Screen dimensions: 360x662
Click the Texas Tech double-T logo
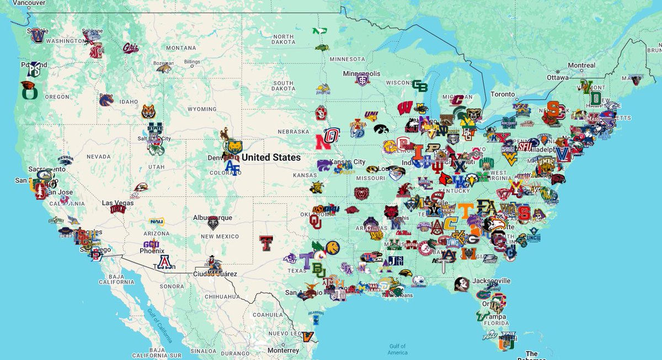click(266, 243)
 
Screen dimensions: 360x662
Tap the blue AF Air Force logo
click(232, 168)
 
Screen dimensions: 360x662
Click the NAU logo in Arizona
click(157, 222)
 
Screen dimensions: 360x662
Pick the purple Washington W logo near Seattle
click(38, 36)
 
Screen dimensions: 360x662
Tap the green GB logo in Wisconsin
click(420, 86)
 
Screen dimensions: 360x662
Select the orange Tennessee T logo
click(466, 210)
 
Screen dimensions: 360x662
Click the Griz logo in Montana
click(130, 48)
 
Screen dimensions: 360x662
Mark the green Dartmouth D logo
click(595, 98)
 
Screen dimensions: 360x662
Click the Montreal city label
click(581, 66)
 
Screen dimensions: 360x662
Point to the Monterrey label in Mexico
click(282, 351)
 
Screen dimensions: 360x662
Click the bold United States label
click(271, 158)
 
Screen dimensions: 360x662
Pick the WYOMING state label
click(202, 109)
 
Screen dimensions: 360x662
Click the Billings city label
click(192, 62)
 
